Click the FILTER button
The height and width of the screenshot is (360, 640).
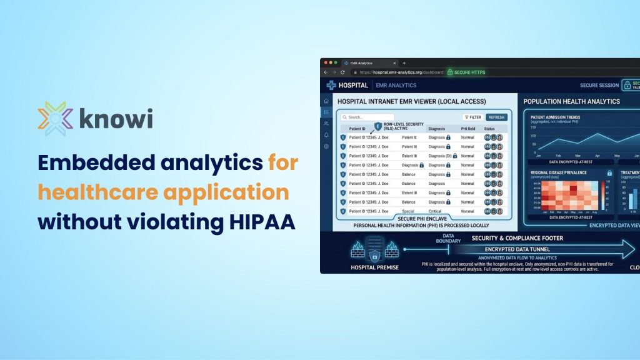click(x=472, y=117)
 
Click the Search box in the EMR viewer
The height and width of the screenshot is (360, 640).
click(x=367, y=117)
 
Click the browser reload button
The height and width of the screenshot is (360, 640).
click(x=342, y=72)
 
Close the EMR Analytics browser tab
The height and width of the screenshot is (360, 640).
click(x=394, y=63)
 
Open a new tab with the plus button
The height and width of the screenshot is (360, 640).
click(x=404, y=63)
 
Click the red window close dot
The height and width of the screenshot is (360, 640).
click(x=325, y=63)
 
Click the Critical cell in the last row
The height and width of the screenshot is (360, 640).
click(x=436, y=211)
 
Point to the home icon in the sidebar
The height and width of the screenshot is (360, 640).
click(x=326, y=101)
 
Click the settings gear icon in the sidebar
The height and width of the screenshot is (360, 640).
click(x=326, y=146)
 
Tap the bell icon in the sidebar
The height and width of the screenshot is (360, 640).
click(x=326, y=135)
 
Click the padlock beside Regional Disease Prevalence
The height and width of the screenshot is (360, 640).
click(x=609, y=172)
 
